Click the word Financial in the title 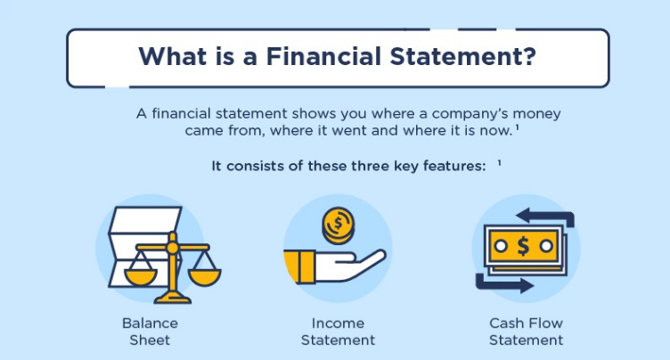point(323,56)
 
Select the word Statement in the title point(456,56)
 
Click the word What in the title point(173,56)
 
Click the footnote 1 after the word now point(517,127)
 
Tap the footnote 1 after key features point(499,163)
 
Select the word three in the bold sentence point(370,166)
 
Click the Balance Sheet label point(150,331)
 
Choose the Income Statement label point(338,331)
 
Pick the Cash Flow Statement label point(526,331)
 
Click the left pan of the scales point(141,277)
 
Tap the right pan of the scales point(204,277)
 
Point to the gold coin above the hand point(339,225)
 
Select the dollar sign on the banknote point(523,246)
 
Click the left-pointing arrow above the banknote point(544,216)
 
